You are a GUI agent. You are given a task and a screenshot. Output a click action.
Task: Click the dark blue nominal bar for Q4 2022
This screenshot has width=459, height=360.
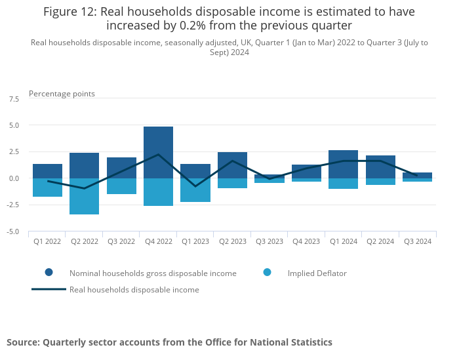(x=159, y=152)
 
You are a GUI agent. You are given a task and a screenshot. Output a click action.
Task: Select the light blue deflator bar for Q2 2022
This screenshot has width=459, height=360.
(x=85, y=196)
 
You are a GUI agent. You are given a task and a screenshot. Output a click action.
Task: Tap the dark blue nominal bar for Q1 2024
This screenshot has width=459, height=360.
(x=344, y=164)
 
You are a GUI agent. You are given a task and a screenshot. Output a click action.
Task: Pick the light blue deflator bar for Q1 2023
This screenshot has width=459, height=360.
(x=195, y=190)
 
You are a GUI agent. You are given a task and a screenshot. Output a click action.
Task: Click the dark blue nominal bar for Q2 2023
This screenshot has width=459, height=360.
(x=232, y=165)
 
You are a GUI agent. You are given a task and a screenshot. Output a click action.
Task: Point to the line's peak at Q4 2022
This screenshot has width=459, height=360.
(x=159, y=154)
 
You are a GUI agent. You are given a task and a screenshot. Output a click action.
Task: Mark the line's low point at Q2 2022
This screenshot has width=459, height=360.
(x=85, y=188)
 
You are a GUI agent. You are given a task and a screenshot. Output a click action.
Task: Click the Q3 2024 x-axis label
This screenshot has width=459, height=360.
(x=418, y=241)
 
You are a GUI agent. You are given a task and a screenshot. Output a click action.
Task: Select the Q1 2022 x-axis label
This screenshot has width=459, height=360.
(x=47, y=241)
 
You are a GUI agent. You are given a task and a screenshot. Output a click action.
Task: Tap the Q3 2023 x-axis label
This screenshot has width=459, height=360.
(x=269, y=241)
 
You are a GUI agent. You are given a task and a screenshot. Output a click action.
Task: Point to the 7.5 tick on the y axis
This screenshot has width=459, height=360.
(x=14, y=99)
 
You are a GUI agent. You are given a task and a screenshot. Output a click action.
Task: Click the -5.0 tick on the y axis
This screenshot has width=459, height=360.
(x=13, y=231)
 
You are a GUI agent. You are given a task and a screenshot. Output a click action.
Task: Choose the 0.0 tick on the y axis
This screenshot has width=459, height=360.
(x=14, y=178)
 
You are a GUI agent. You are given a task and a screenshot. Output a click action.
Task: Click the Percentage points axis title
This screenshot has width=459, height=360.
(x=62, y=94)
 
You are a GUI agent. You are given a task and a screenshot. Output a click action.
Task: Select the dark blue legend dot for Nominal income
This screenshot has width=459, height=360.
(x=49, y=272)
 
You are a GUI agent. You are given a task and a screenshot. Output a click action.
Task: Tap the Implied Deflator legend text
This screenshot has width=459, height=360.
(x=317, y=273)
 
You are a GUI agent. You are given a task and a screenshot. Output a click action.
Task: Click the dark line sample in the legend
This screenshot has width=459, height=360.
(x=49, y=289)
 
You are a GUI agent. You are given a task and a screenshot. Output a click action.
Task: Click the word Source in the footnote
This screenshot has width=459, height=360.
(x=22, y=342)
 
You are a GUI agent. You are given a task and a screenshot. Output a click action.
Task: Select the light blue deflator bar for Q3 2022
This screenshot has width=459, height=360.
(x=121, y=186)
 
